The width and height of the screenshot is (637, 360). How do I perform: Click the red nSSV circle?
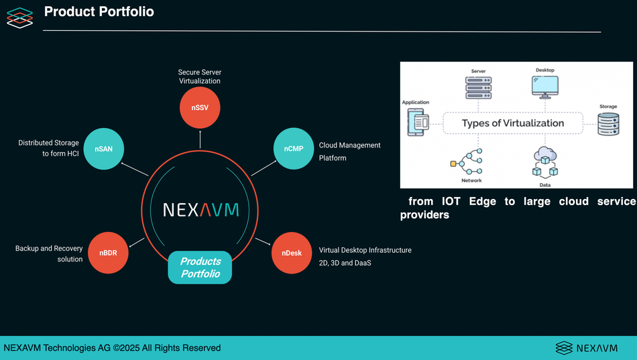click(x=200, y=107)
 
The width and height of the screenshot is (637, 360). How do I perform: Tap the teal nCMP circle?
click(x=294, y=149)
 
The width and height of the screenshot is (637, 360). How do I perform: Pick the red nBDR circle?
click(x=109, y=253)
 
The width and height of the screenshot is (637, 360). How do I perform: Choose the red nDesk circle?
click(x=292, y=253)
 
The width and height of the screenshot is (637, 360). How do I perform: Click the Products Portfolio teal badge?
click(x=200, y=267)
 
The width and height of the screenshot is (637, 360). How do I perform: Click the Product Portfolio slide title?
click(x=99, y=12)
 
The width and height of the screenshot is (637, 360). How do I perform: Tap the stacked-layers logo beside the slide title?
click(x=19, y=17)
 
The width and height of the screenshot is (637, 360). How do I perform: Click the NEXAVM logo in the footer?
click(x=586, y=347)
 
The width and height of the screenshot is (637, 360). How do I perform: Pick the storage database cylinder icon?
click(x=608, y=124)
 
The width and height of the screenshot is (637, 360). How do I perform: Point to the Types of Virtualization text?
click(x=513, y=123)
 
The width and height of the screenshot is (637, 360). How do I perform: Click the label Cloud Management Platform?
click(x=349, y=152)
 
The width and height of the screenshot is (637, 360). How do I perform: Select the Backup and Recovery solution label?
click(x=49, y=253)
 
